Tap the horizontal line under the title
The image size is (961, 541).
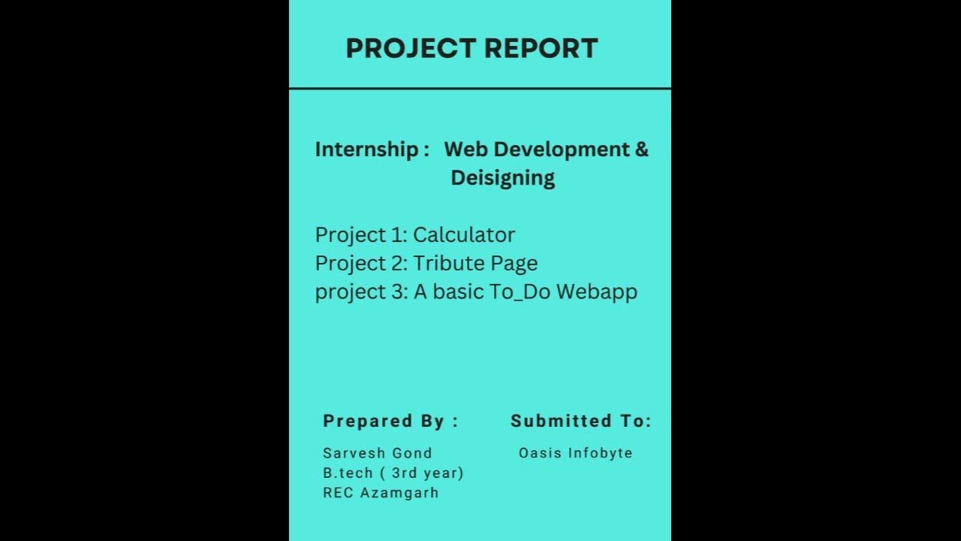[480, 89]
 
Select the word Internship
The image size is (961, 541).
[366, 150]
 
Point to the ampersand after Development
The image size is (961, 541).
[642, 150]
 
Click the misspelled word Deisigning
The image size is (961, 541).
[502, 178]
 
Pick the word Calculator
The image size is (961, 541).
[464, 235]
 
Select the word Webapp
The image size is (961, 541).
[600, 292]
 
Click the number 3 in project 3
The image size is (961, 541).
[397, 292]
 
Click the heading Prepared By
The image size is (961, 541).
[390, 422]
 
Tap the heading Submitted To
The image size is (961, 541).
[580, 422]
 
